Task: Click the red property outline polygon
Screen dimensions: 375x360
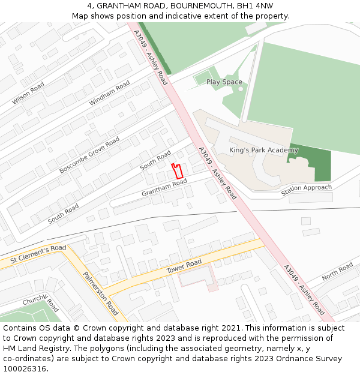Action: tap(177, 170)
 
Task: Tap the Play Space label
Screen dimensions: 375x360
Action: tap(224, 82)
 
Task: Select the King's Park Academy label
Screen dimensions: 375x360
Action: tap(263, 150)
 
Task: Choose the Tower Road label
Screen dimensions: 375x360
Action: tap(184, 268)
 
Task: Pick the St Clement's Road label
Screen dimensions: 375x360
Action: tap(38, 255)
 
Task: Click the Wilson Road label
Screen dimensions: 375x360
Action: tap(28, 94)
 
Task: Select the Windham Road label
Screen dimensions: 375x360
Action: tap(109, 94)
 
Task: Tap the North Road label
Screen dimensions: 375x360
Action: tap(337, 272)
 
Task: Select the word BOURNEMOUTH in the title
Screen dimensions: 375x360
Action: tap(197, 5)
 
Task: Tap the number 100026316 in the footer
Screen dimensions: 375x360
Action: tap(26, 368)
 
